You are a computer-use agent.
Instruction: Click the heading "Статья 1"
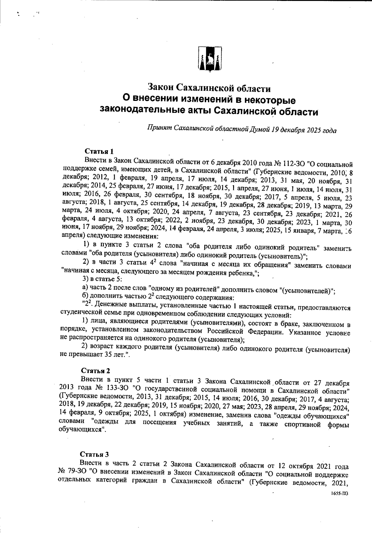tap(99, 151)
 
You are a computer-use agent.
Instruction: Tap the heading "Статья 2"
tap(95, 371)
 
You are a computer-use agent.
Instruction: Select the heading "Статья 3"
tap(94, 454)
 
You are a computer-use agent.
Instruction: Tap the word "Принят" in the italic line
tap(159, 128)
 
